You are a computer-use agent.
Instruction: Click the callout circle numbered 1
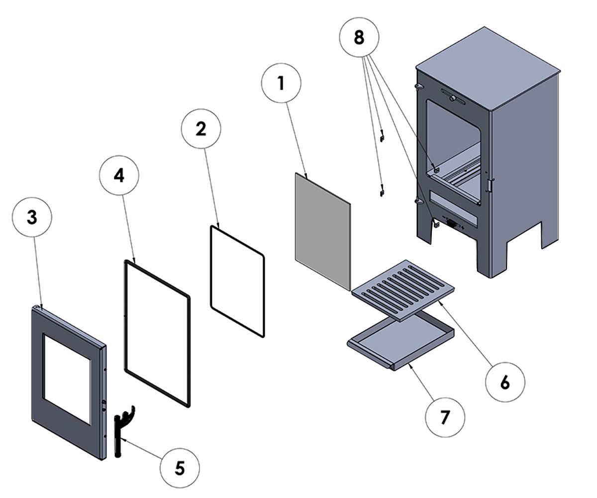[281, 84]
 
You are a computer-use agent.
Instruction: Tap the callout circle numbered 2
[200, 128]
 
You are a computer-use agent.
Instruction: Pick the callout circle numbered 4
[119, 176]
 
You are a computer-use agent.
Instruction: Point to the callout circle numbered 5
[179, 468]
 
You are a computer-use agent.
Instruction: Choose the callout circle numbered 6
[504, 382]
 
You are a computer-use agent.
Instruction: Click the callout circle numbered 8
[359, 38]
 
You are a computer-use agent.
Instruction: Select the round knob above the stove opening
[452, 99]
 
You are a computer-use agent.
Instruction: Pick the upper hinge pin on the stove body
[418, 87]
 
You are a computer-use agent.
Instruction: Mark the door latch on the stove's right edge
[491, 185]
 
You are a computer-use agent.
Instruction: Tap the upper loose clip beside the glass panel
[382, 135]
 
